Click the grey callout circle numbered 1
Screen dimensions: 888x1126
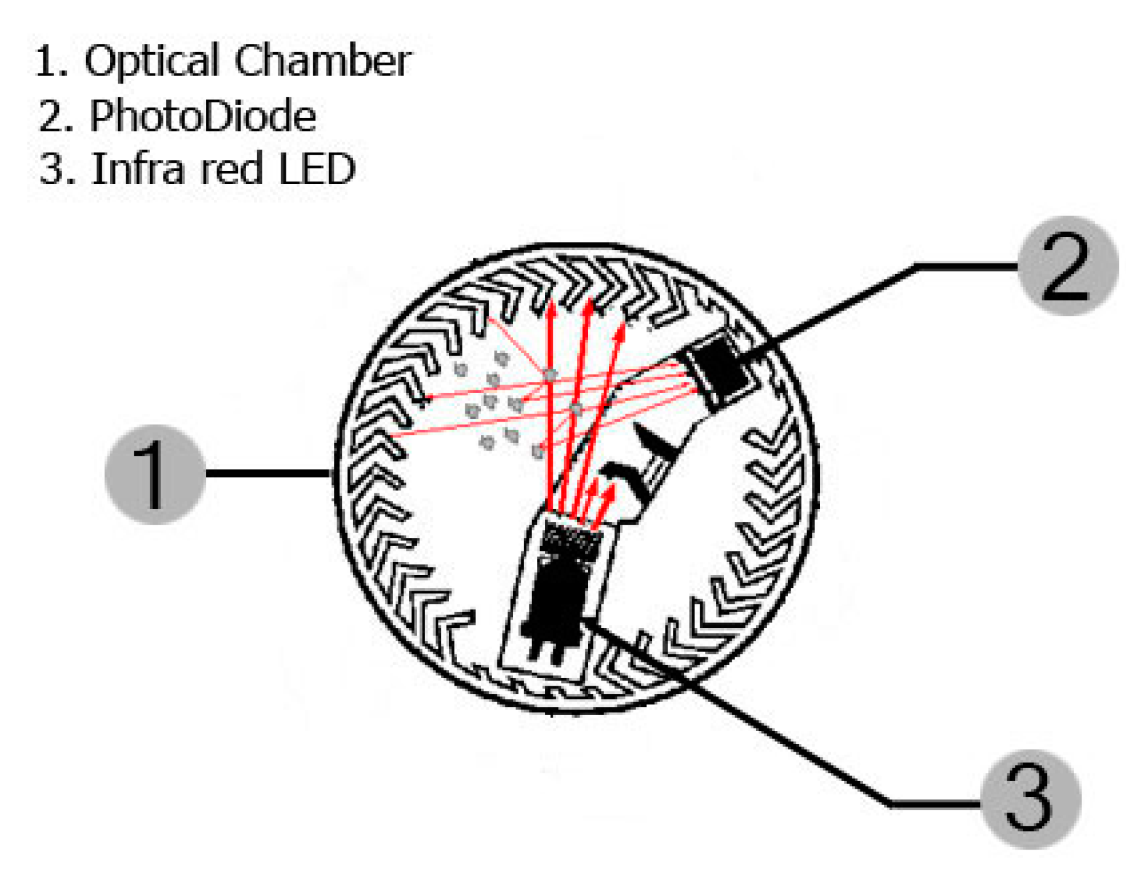coord(155,474)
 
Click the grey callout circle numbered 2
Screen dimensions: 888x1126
coord(1067,265)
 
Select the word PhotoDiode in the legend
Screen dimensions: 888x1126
coord(202,116)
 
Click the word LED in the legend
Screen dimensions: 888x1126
coord(317,169)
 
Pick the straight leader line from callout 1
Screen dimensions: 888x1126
coord(267,473)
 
